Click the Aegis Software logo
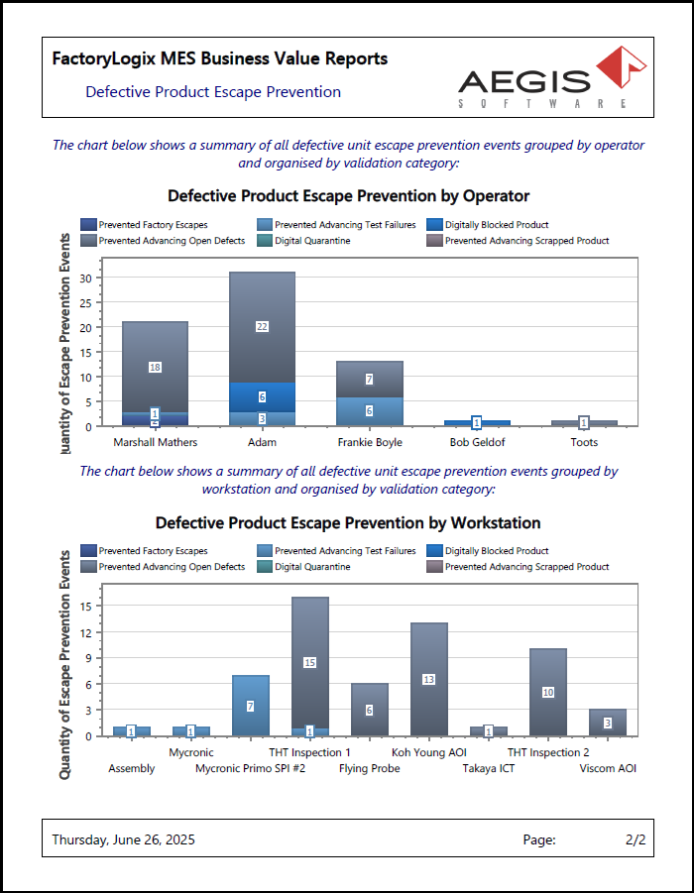pyautogui.click(x=552, y=76)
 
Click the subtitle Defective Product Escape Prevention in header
pyautogui.click(x=213, y=92)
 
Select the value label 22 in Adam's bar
pyautogui.click(x=262, y=326)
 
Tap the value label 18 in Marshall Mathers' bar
pyautogui.click(x=155, y=367)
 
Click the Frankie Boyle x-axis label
pyautogui.click(x=369, y=442)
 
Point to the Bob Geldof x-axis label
pyautogui.click(x=476, y=442)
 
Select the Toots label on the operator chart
pyautogui.click(x=583, y=442)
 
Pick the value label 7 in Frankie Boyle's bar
pyautogui.click(x=369, y=379)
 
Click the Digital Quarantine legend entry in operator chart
pyautogui.click(x=312, y=241)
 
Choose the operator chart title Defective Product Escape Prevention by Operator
pyautogui.click(x=348, y=196)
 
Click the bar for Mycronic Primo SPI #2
pyautogui.click(x=250, y=706)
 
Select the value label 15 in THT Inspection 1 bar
pyautogui.click(x=309, y=662)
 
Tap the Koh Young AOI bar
pyautogui.click(x=428, y=679)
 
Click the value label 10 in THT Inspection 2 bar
pyautogui.click(x=547, y=692)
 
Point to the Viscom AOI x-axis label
pyautogui.click(x=608, y=768)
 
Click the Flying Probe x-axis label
pyautogui.click(x=369, y=768)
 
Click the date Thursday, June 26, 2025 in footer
pyautogui.click(x=123, y=839)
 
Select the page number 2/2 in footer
pyautogui.click(x=636, y=839)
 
